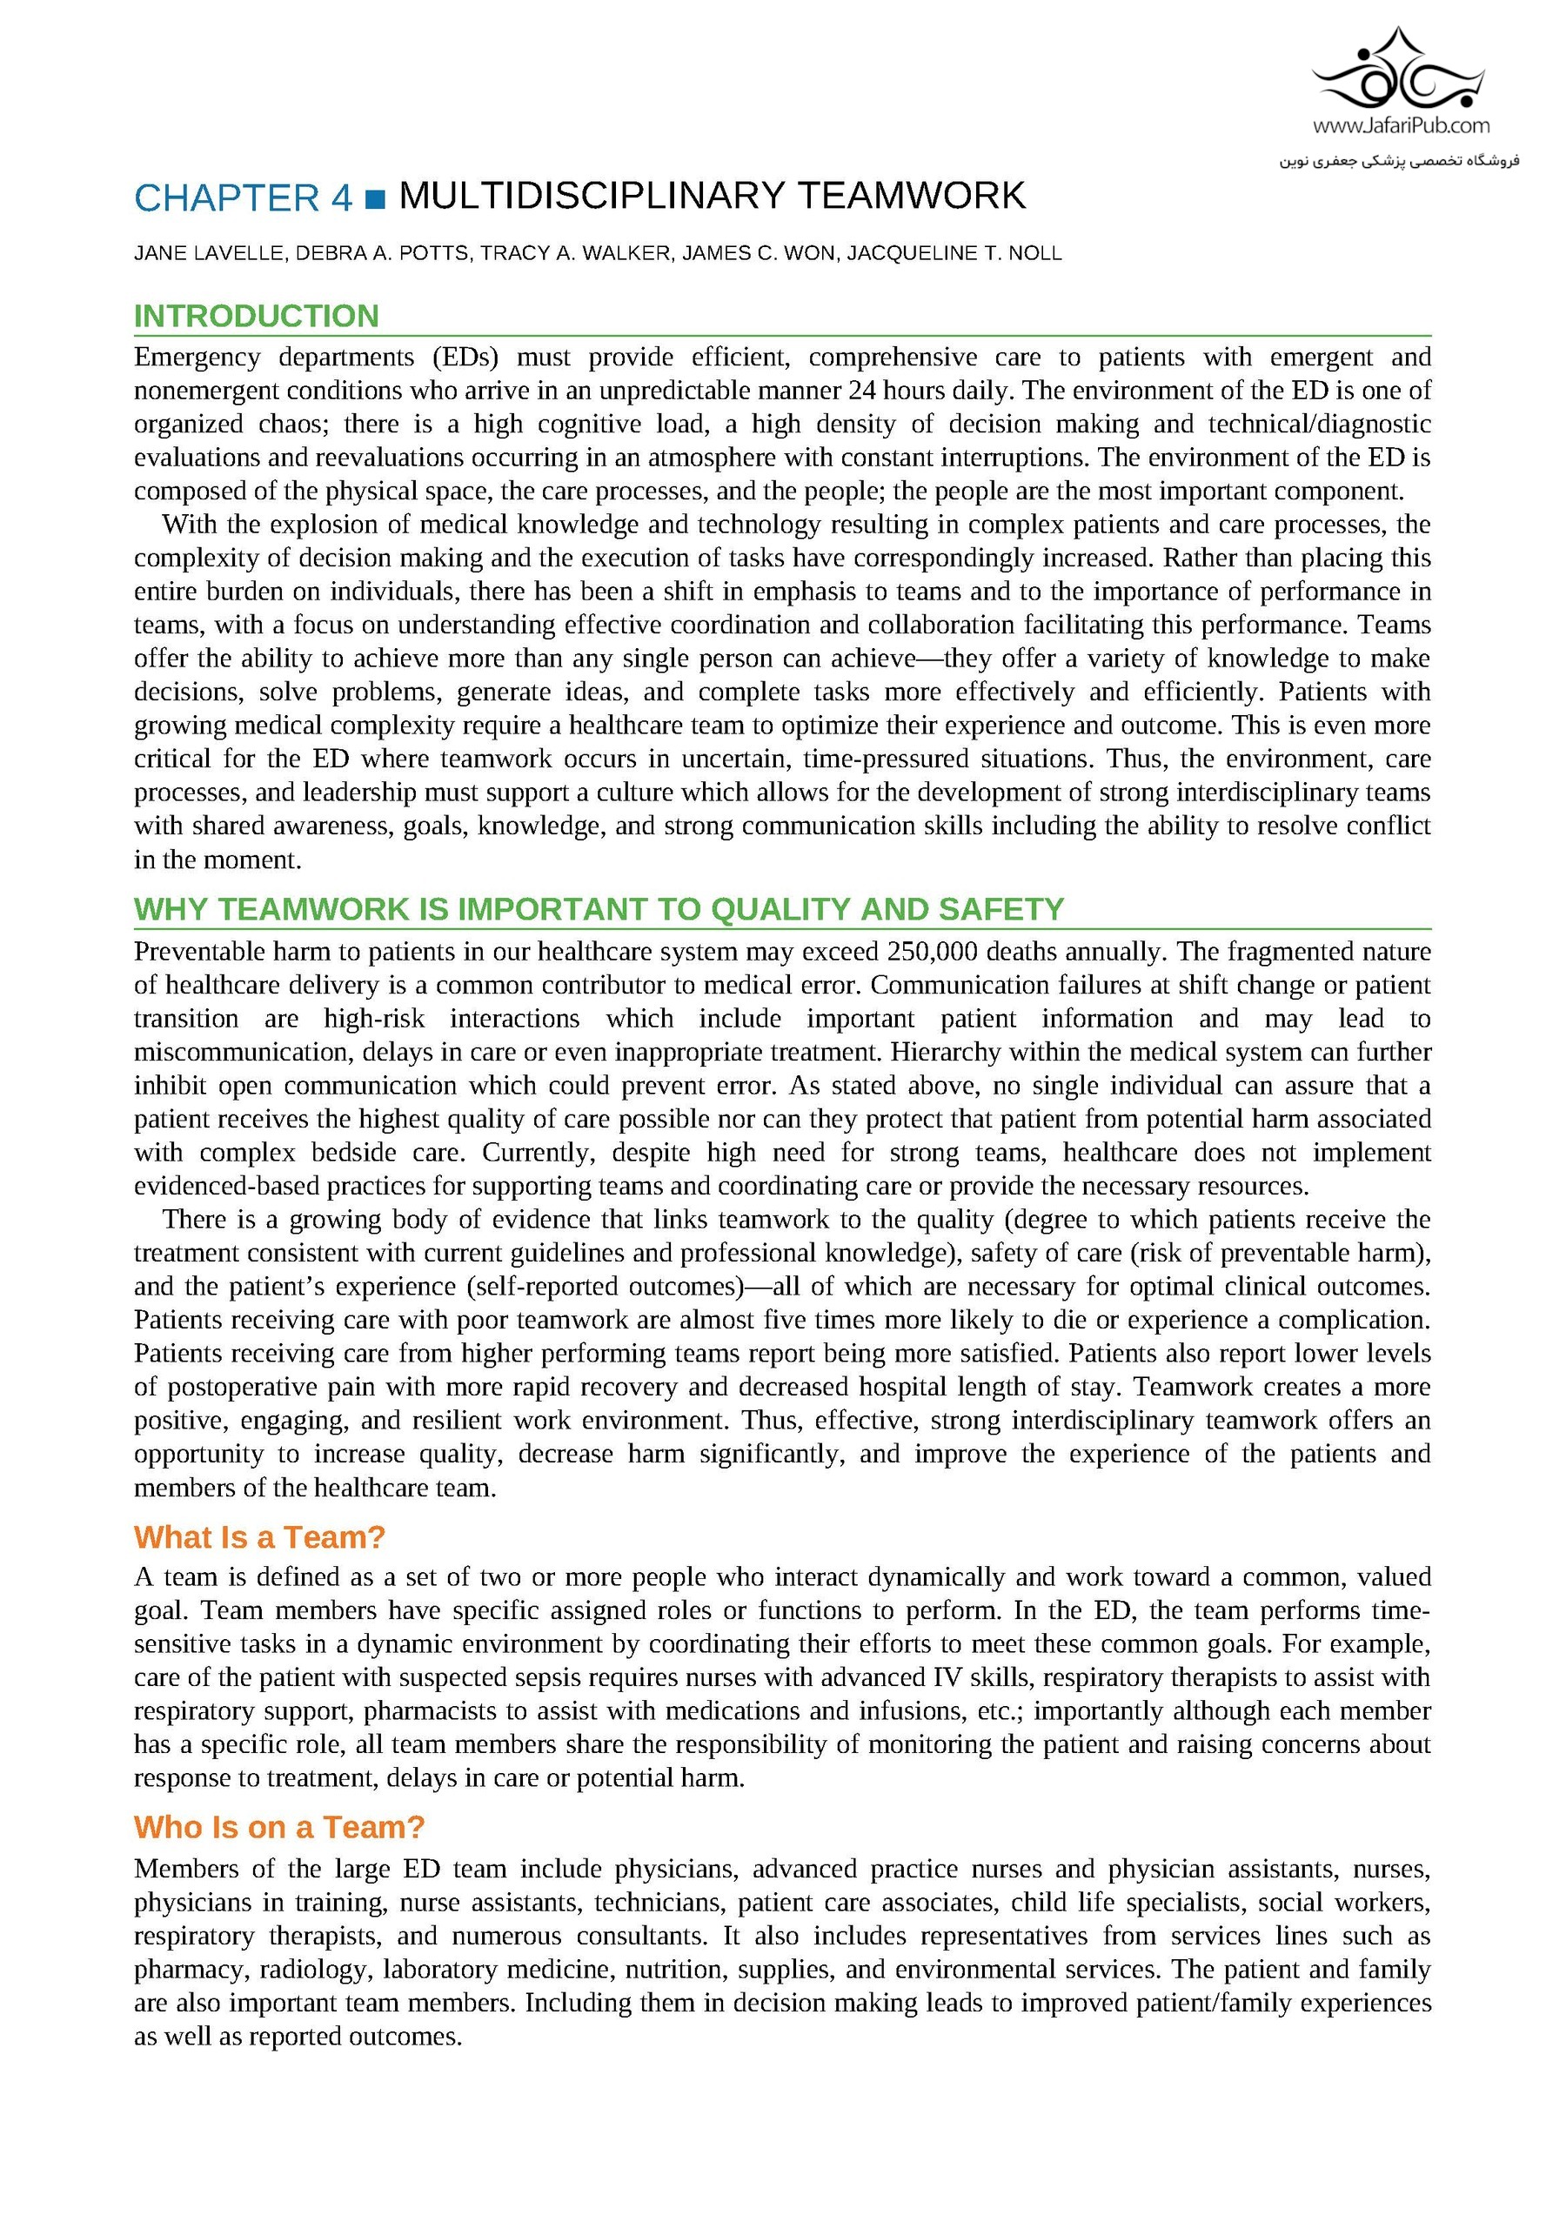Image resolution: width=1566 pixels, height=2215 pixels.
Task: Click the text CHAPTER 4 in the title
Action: point(243,197)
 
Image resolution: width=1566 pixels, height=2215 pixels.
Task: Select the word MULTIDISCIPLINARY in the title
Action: point(592,196)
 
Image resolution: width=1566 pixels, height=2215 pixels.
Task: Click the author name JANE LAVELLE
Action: point(209,253)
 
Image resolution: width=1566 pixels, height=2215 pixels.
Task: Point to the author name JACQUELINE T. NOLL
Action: point(954,253)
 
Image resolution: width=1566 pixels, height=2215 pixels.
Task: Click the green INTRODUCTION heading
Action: point(256,317)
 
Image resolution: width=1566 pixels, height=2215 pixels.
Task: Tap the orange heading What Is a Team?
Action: point(259,1536)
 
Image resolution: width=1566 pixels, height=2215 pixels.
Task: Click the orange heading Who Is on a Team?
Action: point(279,1827)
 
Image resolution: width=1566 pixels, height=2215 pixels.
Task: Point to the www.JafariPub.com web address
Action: point(1400,125)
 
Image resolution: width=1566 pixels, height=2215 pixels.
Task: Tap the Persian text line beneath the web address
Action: point(1399,160)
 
